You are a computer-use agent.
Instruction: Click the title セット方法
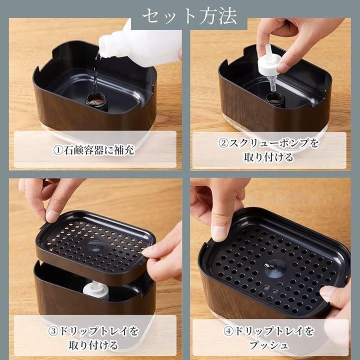pyautogui.click(x=189, y=16)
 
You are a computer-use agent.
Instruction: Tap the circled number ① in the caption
pyautogui.click(x=58, y=150)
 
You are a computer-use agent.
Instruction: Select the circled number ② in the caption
pyautogui.click(x=223, y=143)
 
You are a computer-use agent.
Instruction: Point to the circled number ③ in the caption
pyautogui.click(x=53, y=331)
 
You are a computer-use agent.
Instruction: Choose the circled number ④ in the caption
pyautogui.click(x=228, y=331)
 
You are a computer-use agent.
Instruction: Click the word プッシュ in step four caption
pyautogui.click(x=268, y=345)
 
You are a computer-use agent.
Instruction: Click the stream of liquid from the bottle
pyautogui.click(x=96, y=73)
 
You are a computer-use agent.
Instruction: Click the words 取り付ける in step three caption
pyautogui.click(x=93, y=345)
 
